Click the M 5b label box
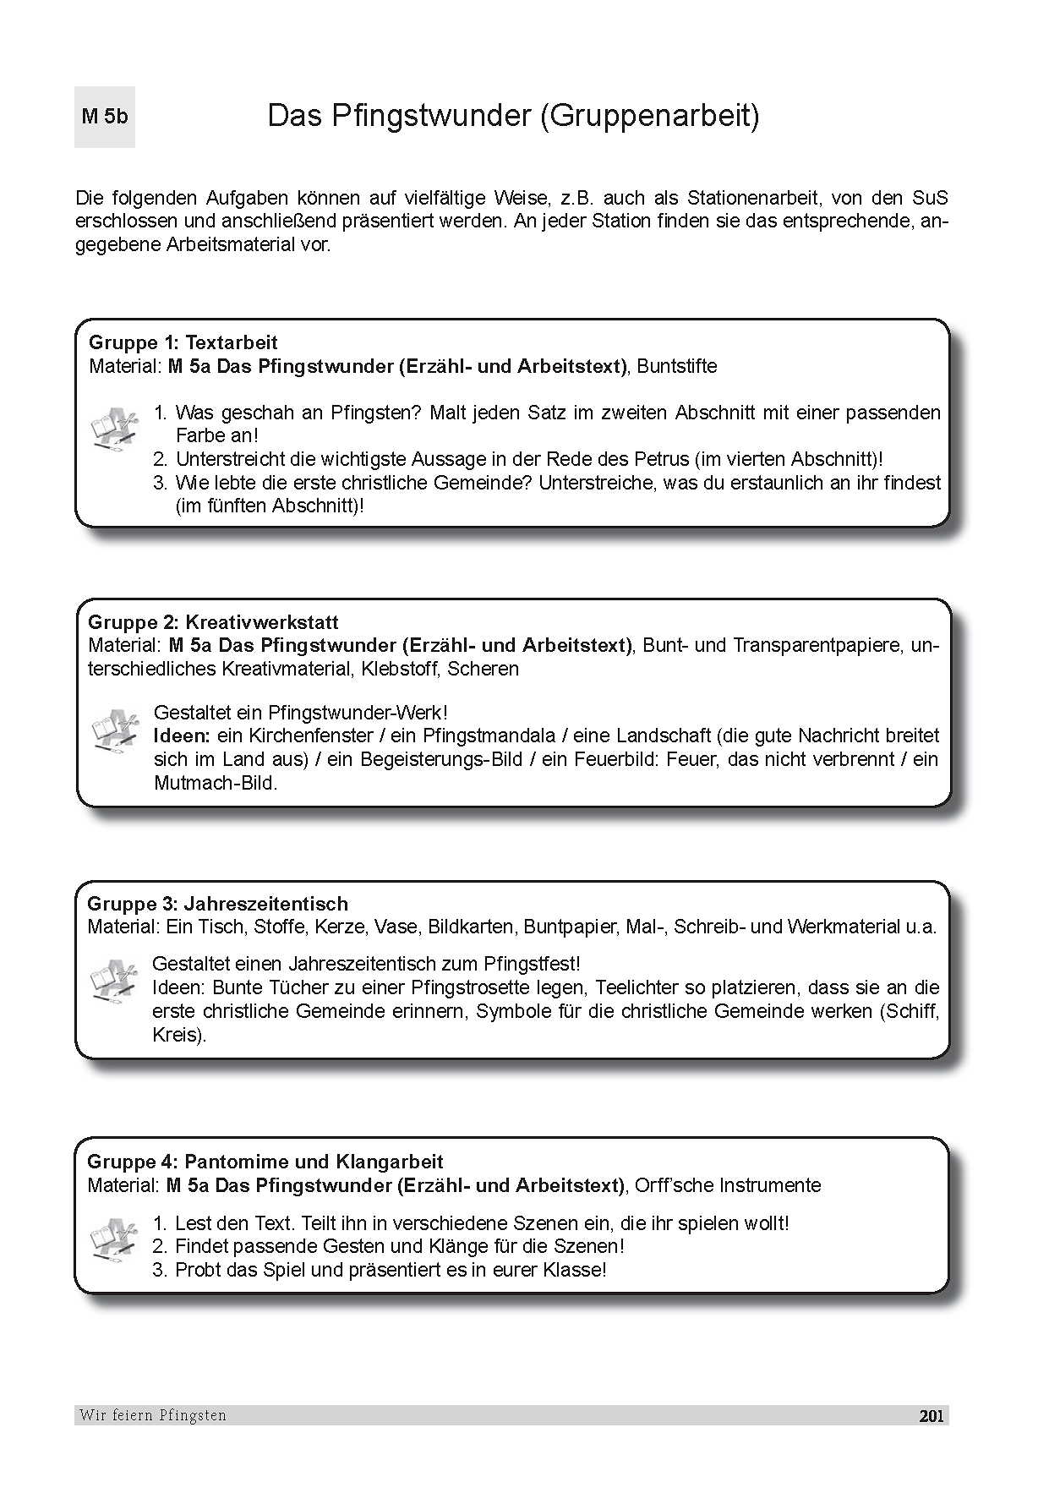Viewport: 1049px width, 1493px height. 105,117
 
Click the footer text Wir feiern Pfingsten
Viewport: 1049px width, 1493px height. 153,1415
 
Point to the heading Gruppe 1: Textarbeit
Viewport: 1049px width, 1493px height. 183,342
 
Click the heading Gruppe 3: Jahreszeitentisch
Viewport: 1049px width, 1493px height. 217,903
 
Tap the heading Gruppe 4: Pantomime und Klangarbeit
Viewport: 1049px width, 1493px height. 265,1162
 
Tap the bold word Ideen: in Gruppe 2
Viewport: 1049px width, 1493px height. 182,736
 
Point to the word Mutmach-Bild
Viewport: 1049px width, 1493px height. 215,783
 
